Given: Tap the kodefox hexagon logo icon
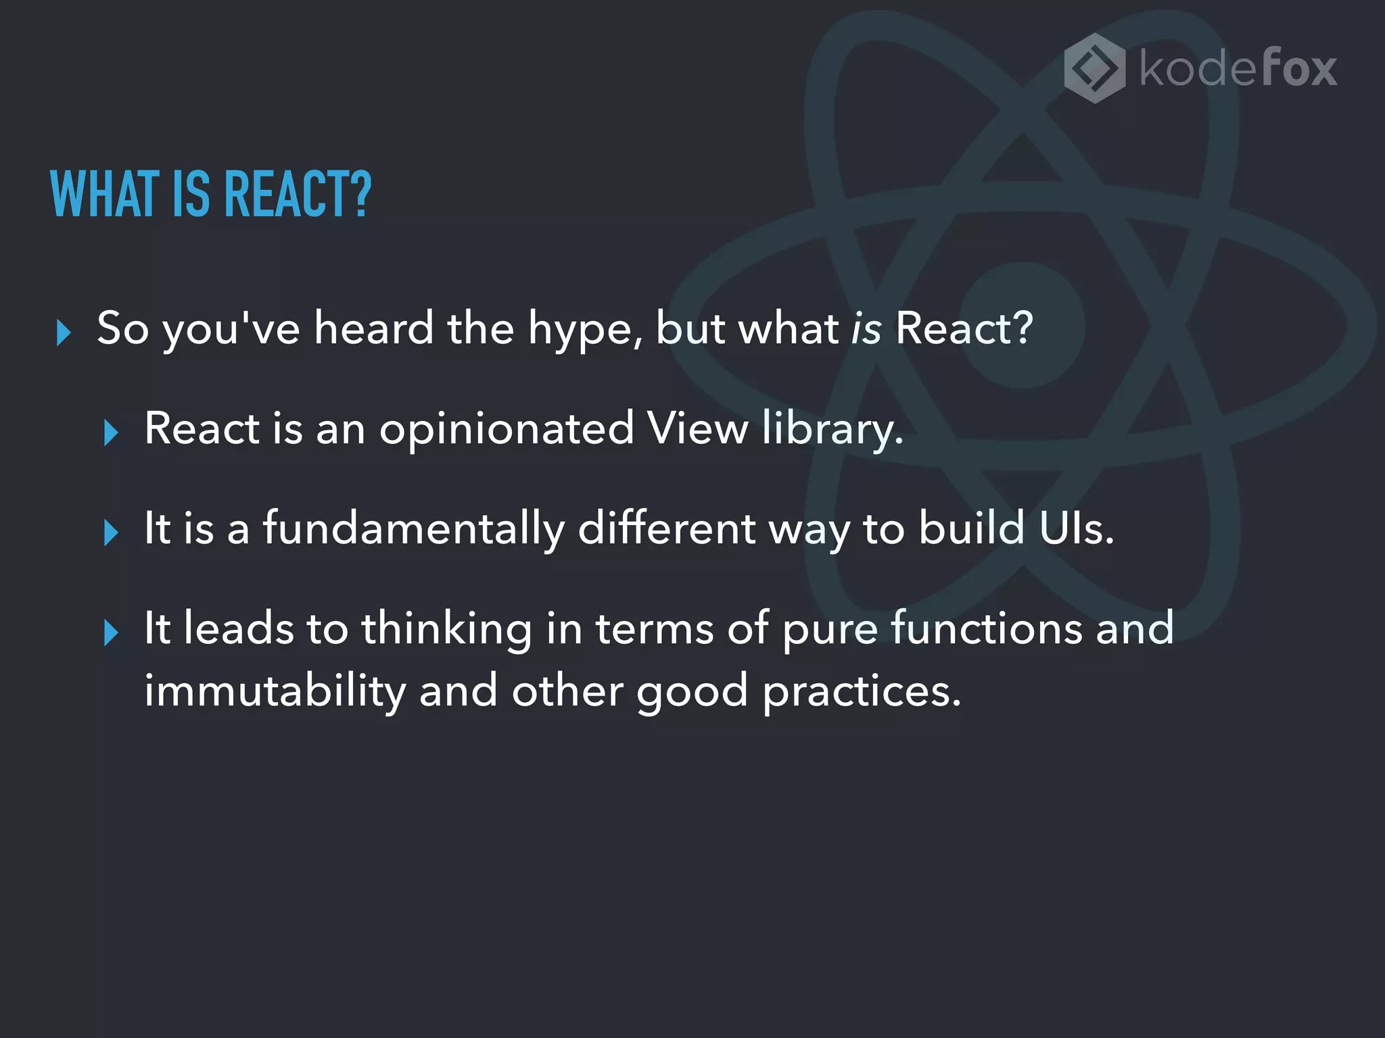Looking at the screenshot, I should tap(1095, 68).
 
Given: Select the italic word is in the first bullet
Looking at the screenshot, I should tap(866, 328).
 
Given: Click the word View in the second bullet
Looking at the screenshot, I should tap(697, 428).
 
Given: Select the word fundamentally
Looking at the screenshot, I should tap(413, 529).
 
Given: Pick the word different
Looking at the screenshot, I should tap(666, 528).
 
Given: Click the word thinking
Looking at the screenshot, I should tap(446, 629).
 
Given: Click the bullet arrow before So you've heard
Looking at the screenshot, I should tap(64, 332).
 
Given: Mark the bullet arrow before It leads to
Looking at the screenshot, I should tap(111, 633).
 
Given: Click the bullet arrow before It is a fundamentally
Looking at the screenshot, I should tap(111, 533).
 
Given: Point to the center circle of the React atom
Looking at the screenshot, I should tap(1022, 326).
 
